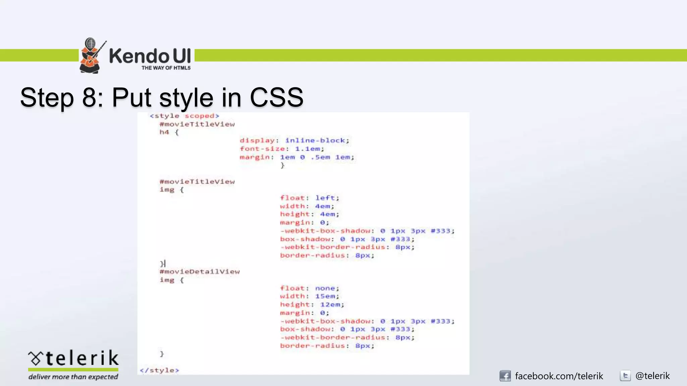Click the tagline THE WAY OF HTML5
[x=166, y=68]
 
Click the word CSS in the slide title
[x=276, y=98]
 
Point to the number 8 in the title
[x=89, y=98]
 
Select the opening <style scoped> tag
[x=184, y=116]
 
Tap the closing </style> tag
[x=159, y=370]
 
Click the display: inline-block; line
[x=294, y=140]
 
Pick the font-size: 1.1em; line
[x=282, y=149]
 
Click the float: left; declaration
[x=310, y=198]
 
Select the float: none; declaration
[x=310, y=288]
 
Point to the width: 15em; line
[x=310, y=296]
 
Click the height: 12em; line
[x=312, y=305]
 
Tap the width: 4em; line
[x=307, y=206]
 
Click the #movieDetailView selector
[x=200, y=272]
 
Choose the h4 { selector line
[x=169, y=132]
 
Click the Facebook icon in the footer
[x=505, y=376]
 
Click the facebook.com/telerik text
[x=559, y=376]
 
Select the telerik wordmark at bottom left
[x=73, y=358]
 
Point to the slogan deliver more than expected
[x=73, y=377]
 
